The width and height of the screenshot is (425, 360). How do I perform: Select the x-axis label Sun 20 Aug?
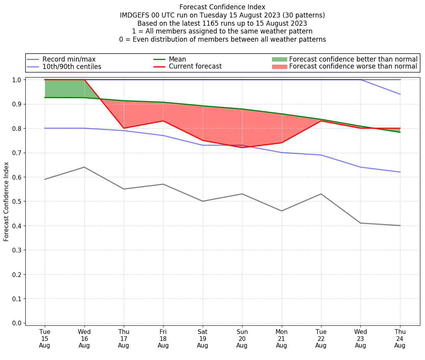[242, 338]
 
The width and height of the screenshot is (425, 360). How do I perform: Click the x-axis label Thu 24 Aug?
[400, 338]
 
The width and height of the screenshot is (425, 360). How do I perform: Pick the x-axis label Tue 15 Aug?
[45, 338]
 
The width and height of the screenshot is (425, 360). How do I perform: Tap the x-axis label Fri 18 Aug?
[163, 338]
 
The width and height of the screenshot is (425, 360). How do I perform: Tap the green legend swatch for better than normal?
[279, 59]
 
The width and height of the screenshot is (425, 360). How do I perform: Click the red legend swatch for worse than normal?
[279, 67]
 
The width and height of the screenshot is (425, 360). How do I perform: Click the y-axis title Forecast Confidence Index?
[6, 201]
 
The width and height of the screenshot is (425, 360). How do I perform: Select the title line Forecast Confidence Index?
[222, 7]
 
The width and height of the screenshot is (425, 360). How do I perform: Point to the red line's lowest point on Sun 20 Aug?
[242, 148]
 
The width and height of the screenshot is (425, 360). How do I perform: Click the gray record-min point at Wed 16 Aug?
[84, 167]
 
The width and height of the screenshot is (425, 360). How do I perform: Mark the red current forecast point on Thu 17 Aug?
[124, 128]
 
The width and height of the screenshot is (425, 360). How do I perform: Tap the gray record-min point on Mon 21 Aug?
[281, 211]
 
